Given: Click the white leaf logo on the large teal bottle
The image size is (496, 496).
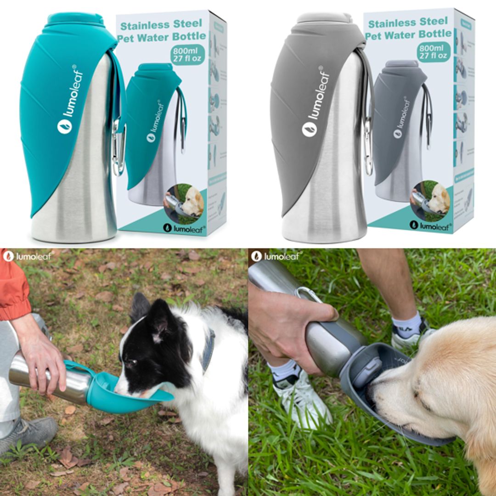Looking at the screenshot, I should [65, 126].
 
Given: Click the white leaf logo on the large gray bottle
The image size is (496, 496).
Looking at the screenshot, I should [310, 129].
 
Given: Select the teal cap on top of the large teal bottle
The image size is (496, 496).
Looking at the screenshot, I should [76, 19].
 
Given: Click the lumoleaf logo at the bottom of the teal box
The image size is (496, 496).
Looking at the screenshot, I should [184, 228].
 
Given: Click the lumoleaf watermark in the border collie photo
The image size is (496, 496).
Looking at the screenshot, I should [28, 256].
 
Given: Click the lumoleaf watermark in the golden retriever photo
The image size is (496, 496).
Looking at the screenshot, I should [275, 256].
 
